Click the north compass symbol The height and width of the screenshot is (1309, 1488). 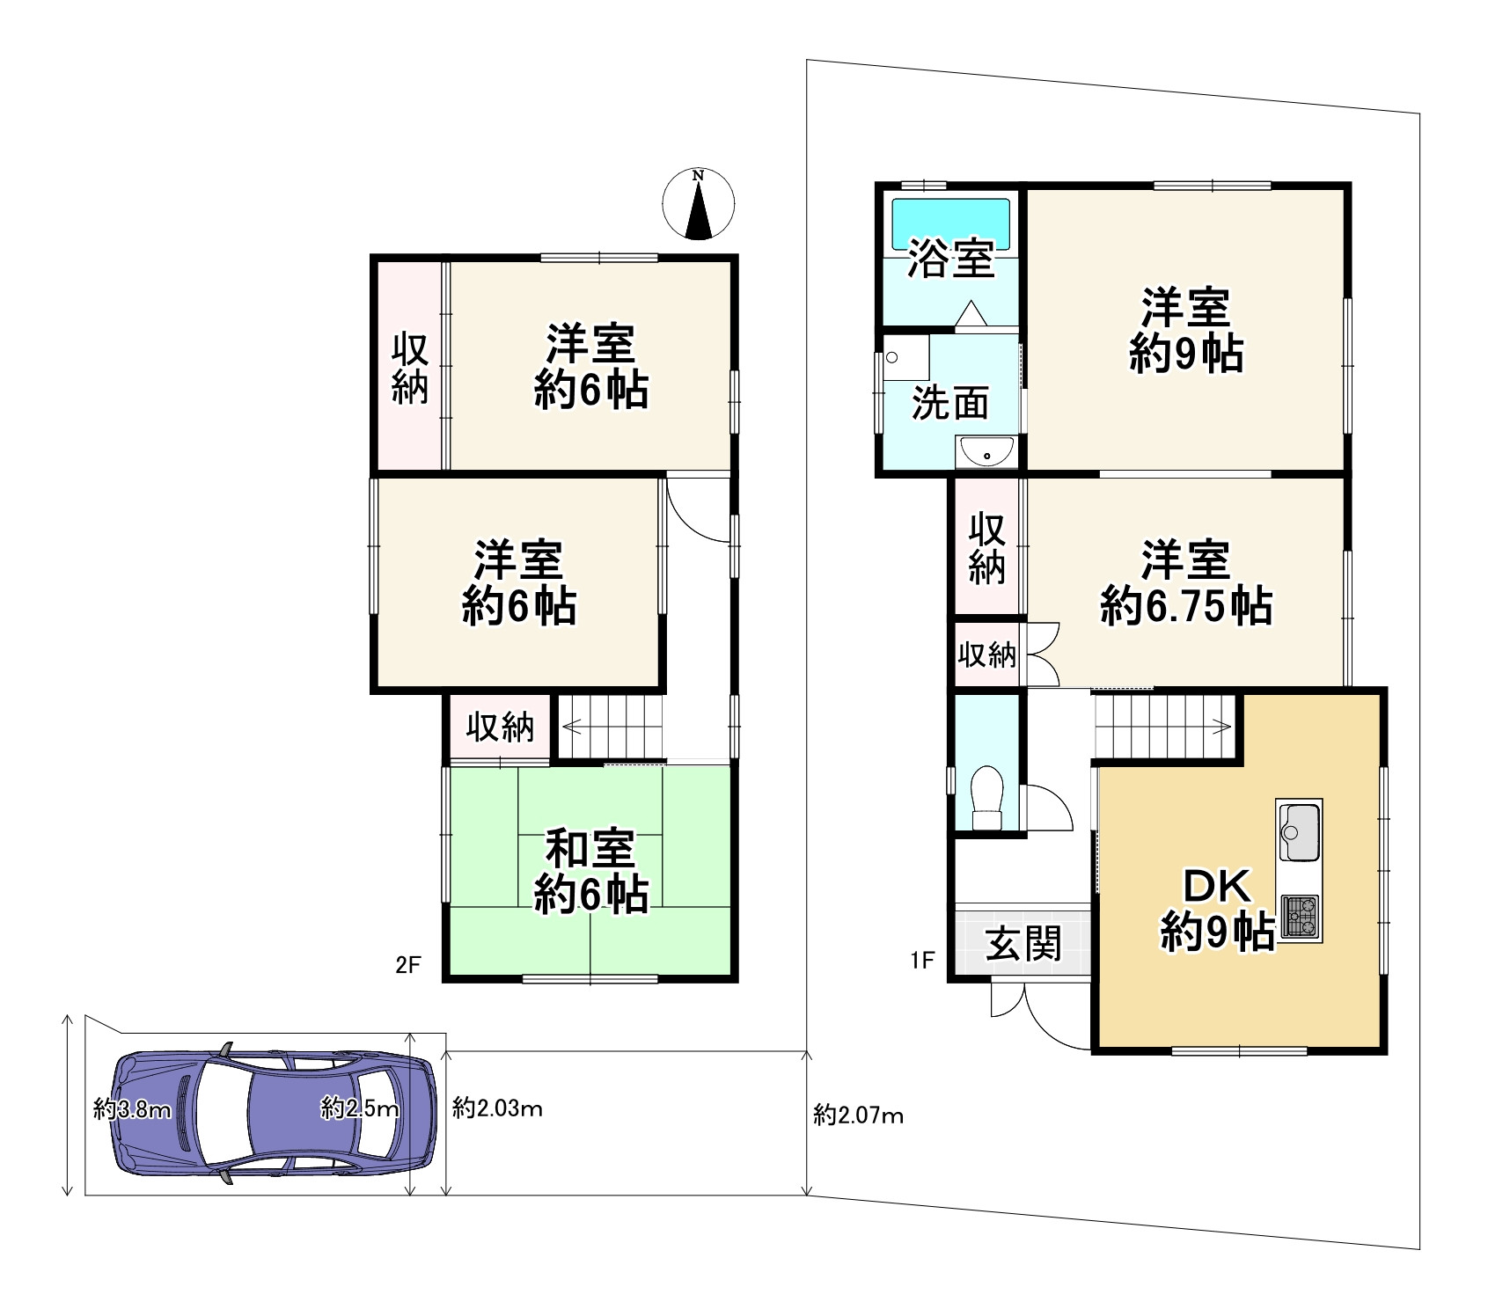coord(698,203)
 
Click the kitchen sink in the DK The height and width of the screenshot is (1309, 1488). coord(1298,830)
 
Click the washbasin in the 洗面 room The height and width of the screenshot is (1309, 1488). coord(986,452)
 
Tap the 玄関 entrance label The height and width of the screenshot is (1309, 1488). coord(1023,944)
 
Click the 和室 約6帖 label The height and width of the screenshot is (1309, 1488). coord(590,871)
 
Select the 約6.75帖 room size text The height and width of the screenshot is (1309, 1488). coord(1185,606)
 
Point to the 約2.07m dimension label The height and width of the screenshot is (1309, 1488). coord(858,1116)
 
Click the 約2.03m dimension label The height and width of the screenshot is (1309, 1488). coord(497,1108)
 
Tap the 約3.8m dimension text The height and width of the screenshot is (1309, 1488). coord(132,1109)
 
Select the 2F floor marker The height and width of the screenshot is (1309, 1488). coord(407,965)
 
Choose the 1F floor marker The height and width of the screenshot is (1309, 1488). coord(921,961)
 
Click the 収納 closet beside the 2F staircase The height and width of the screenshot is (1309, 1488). coord(500,727)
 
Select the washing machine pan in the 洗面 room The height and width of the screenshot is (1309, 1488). coord(905,357)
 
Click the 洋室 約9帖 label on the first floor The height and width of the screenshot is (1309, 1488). coord(1185,331)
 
